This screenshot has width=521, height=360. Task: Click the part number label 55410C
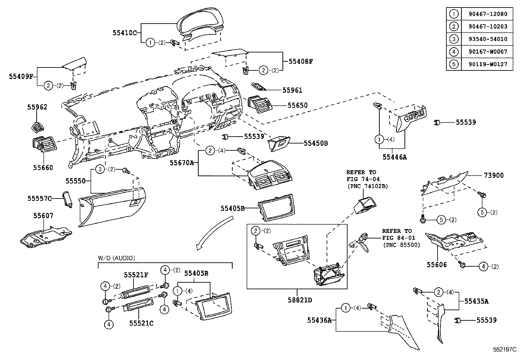(124, 33)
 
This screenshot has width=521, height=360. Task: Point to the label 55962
(37, 107)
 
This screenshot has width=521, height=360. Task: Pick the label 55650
(297, 105)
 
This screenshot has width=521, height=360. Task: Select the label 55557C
(40, 198)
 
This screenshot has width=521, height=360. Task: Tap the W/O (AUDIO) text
(117, 258)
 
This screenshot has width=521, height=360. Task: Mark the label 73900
(494, 176)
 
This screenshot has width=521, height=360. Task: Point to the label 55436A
(319, 320)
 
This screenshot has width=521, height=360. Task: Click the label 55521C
(141, 323)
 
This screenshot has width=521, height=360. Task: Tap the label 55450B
(315, 143)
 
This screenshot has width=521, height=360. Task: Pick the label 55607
(43, 216)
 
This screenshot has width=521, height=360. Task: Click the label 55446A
(395, 157)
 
